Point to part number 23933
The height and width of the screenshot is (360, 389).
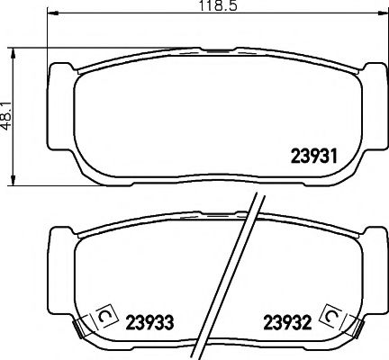[x=149, y=321]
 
